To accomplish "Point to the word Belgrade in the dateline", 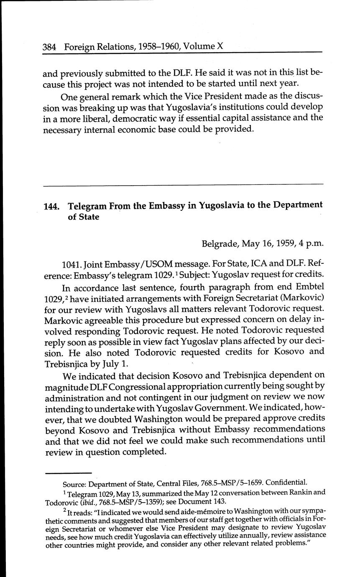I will [220, 244].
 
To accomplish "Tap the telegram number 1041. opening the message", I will [71, 266].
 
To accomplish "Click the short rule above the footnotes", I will [62, 472].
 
